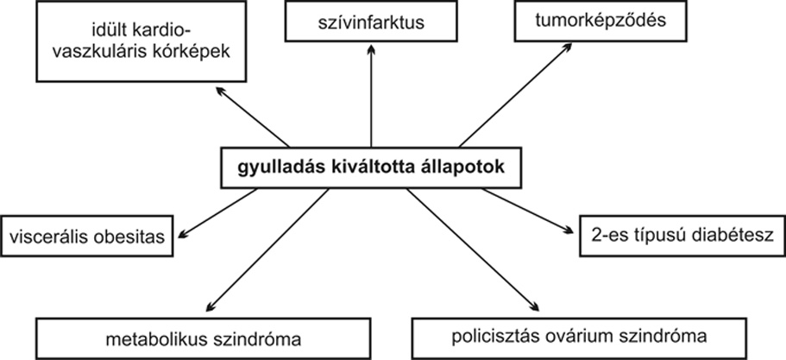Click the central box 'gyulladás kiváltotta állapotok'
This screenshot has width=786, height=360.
[371, 168]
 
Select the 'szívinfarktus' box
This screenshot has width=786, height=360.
[371, 22]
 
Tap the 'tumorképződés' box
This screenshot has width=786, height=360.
[601, 21]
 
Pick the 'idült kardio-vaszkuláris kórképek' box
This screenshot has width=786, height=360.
[141, 41]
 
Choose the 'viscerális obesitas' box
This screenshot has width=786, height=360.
[87, 237]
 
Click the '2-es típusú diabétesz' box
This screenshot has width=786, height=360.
[682, 237]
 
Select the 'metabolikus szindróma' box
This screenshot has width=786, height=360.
[204, 339]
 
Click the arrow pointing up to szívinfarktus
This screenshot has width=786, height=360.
[371, 95]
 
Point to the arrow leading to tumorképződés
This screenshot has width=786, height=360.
[515, 95]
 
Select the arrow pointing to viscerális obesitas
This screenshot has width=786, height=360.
[217, 212]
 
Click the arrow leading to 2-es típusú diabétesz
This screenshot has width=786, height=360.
[528, 212]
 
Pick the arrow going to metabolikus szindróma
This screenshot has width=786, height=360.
[267, 250]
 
